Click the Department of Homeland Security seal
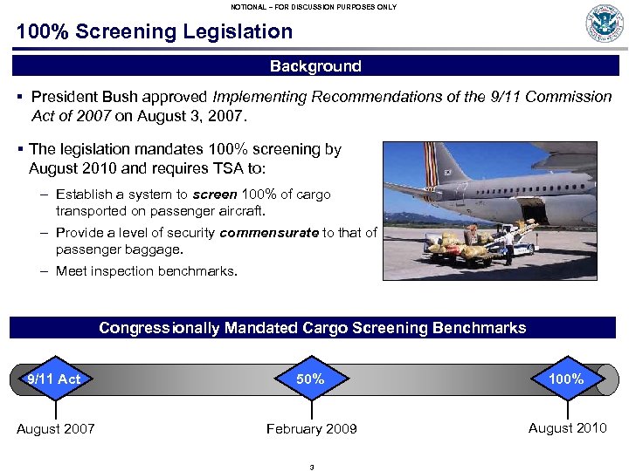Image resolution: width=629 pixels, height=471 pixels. coord(605,24)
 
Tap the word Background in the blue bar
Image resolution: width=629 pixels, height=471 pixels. coord(315,66)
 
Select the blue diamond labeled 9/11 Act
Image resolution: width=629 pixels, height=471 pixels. coord(54,379)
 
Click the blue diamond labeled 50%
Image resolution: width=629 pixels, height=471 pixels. coord(310,379)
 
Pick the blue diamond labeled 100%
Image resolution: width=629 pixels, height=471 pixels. coord(567,379)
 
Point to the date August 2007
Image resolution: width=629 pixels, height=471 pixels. coord(56,429)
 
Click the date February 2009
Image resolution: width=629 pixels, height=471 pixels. coord(312,429)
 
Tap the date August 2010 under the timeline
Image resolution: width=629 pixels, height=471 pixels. coord(567,427)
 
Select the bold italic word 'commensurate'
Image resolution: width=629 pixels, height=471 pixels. coord(270,233)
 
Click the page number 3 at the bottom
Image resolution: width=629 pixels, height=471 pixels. coord(312,467)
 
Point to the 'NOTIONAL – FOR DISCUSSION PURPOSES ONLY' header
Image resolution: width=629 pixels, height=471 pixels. coord(314,7)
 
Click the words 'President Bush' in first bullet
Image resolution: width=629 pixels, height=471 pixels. coord(77,97)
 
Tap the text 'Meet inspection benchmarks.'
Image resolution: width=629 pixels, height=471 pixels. coord(146,271)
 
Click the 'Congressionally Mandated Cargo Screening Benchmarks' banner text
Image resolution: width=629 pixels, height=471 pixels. coord(313,328)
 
